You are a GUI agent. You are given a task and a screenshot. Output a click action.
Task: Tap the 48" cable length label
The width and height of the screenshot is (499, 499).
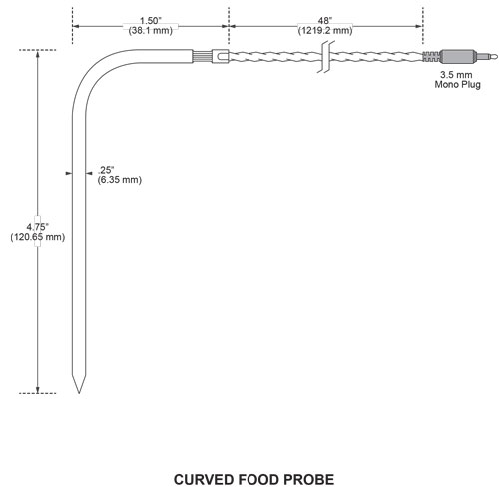pyautogui.click(x=324, y=20)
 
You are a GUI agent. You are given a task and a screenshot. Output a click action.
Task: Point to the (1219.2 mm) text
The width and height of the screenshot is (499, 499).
pyautogui.click(x=324, y=30)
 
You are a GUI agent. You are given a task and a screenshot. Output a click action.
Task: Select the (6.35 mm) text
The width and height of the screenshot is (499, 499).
pyautogui.click(x=119, y=179)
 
